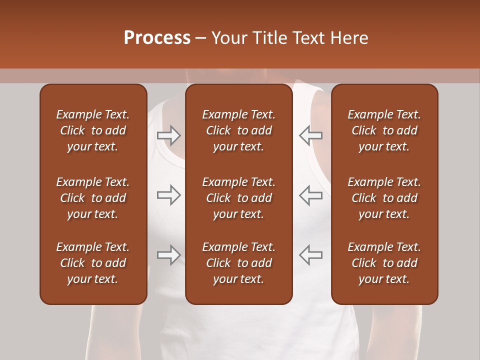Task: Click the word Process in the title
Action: pos(157,38)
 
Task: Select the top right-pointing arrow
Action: pos(168,135)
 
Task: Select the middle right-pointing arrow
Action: pos(168,195)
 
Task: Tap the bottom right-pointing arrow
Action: pos(168,255)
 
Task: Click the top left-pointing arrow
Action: pos(310,135)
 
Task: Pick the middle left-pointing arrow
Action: pos(310,195)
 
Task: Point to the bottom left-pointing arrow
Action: pos(310,255)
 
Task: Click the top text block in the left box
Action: pos(93,130)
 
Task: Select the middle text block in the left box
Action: pos(93,198)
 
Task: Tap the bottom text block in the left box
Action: pos(93,263)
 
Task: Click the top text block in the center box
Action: pos(238,130)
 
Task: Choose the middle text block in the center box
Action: pos(238,198)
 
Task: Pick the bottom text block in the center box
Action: pos(238,263)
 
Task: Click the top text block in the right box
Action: pos(384,130)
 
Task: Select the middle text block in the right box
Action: pos(384,198)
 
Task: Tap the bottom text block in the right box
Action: pos(384,263)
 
